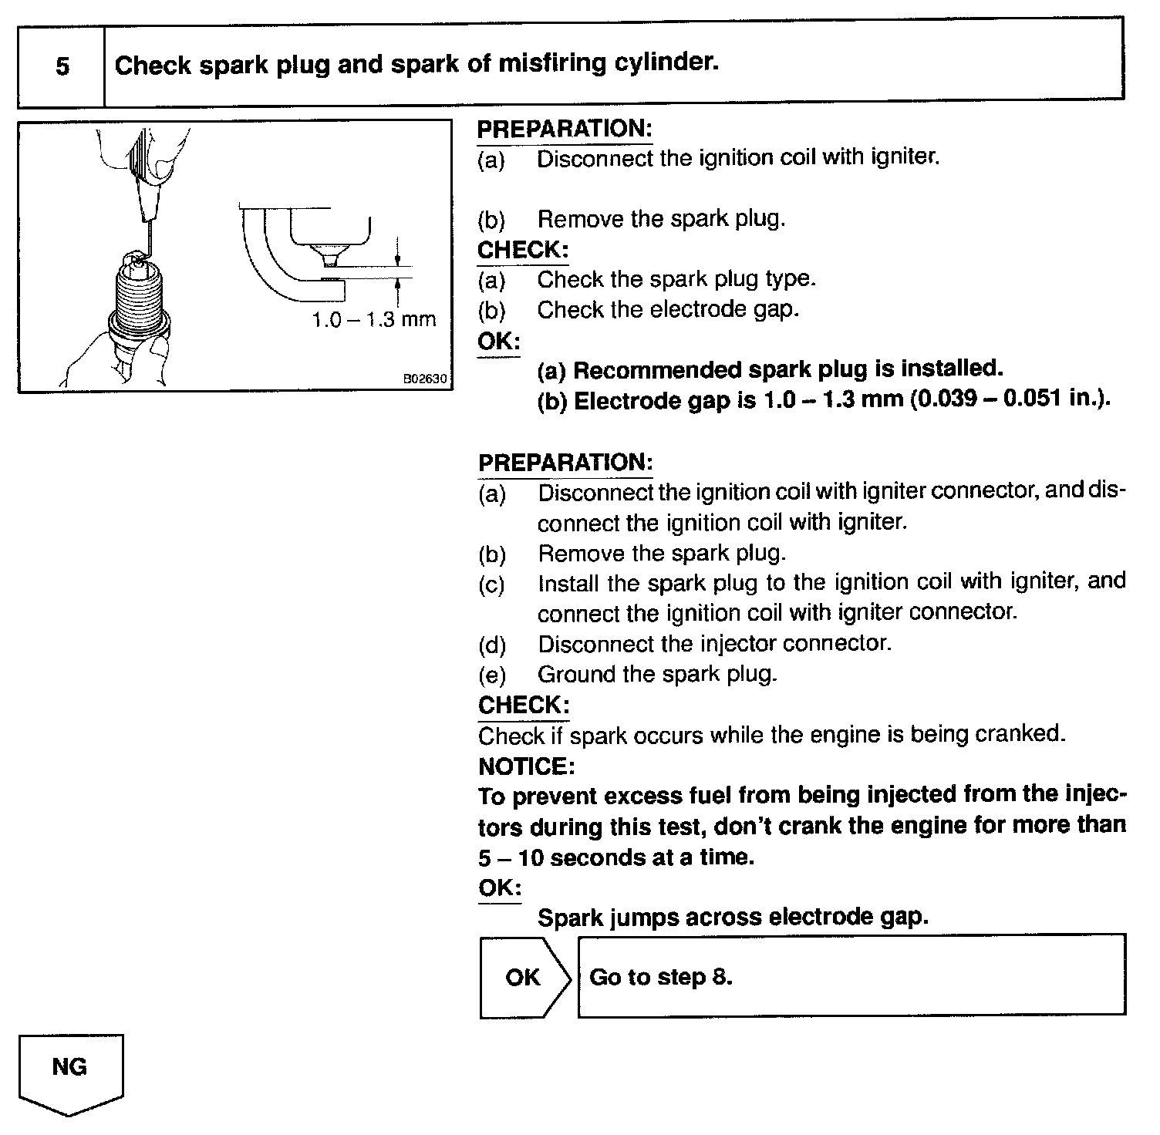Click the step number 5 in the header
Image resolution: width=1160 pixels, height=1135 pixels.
[62, 66]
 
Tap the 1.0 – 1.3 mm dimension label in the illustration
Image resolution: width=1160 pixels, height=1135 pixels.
[373, 319]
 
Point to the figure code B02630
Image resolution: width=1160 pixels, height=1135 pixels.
[424, 380]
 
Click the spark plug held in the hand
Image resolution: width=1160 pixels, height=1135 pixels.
[139, 308]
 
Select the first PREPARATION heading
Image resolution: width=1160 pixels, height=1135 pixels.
[565, 129]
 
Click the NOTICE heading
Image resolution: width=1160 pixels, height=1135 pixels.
[526, 766]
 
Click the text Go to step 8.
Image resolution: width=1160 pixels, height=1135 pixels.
[660, 977]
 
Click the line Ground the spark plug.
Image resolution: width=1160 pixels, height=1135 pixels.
[657, 674]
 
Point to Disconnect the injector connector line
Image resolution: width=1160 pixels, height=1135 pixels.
[714, 643]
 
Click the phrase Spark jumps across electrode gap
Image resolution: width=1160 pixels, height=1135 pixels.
[733, 917]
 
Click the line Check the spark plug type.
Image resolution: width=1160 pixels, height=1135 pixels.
[676, 278]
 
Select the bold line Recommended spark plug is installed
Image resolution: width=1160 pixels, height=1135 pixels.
[770, 369]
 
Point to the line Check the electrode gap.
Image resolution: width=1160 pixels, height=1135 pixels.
[668, 309]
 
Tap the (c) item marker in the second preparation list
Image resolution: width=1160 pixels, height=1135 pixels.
[492, 584]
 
